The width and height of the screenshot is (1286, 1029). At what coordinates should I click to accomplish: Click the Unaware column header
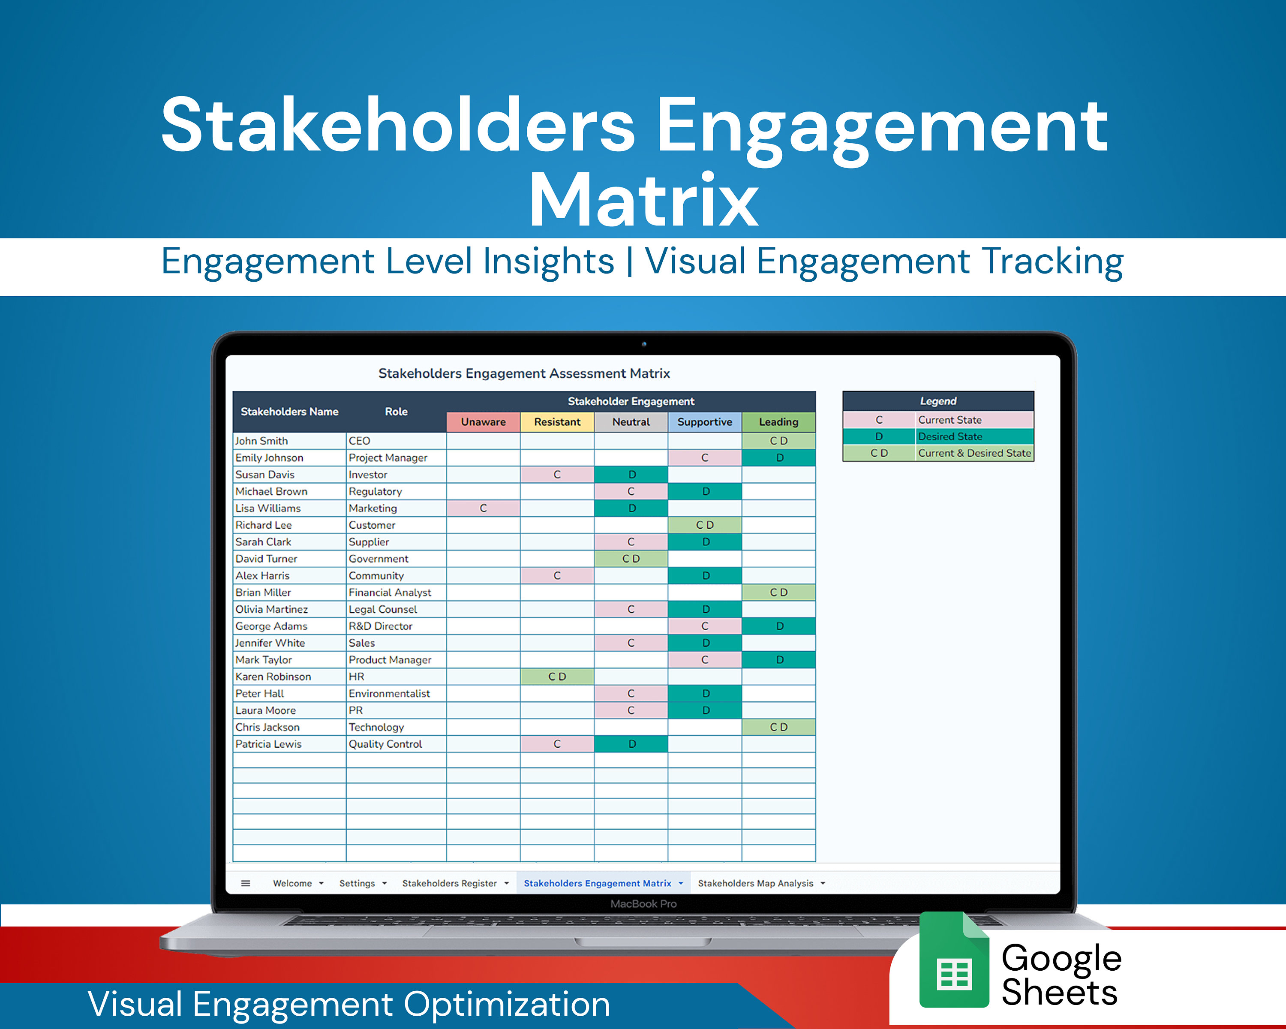click(483, 422)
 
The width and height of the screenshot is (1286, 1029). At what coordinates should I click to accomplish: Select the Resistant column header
click(557, 422)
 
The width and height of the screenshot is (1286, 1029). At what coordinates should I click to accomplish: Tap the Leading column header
click(778, 422)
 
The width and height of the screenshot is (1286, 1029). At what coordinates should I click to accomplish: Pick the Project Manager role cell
click(388, 457)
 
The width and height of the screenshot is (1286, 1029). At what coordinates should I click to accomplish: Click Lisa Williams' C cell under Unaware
click(483, 508)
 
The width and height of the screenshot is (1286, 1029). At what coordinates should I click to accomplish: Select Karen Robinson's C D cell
click(557, 677)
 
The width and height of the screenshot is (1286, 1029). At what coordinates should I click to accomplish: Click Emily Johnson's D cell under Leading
click(779, 457)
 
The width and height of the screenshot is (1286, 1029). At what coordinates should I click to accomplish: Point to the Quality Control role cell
click(385, 744)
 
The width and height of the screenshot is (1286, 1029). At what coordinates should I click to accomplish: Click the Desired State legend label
click(950, 436)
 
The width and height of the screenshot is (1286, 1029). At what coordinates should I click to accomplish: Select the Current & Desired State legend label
click(974, 453)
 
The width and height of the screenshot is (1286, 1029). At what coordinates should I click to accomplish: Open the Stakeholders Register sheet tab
click(449, 884)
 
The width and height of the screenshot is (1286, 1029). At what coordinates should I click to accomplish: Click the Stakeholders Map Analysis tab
click(755, 884)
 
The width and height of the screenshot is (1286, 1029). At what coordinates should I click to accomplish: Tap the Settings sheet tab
click(357, 884)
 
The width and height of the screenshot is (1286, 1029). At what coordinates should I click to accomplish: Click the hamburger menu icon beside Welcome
click(246, 884)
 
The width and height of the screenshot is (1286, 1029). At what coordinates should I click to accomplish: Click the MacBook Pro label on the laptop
click(643, 904)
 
